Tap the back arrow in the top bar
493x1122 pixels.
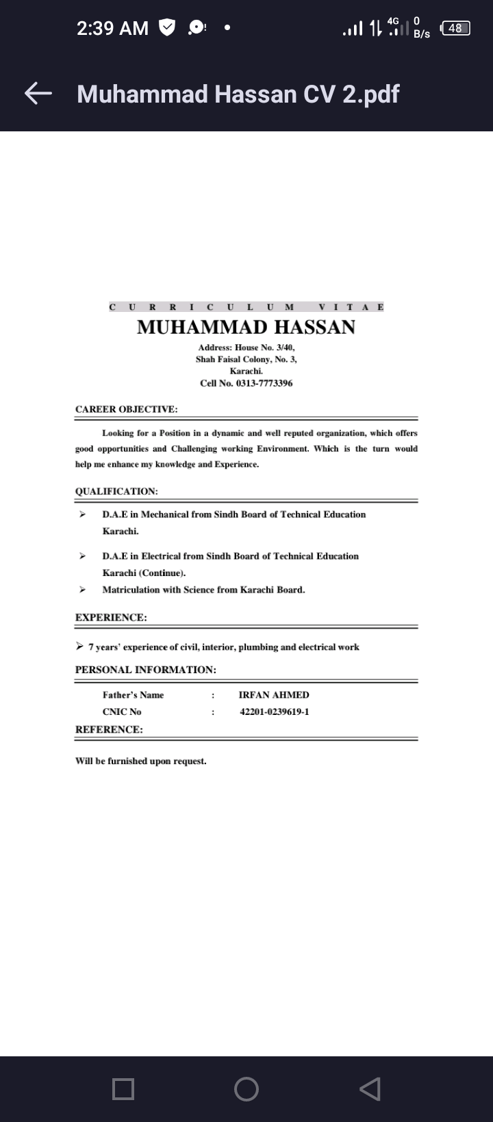(38, 94)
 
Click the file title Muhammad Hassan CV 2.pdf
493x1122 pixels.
(238, 94)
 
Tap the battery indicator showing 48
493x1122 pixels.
(455, 28)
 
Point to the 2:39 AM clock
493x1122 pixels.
(112, 28)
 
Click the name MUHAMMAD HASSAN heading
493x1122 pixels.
(246, 327)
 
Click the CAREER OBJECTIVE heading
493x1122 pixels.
(126, 409)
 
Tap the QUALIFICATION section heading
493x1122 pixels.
(116, 491)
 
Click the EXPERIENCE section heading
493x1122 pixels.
(111, 617)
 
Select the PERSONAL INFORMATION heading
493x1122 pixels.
(145, 669)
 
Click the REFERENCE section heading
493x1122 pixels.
(109, 729)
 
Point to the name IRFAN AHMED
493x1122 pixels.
(274, 695)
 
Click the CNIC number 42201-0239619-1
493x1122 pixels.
(274, 712)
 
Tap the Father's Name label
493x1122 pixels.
(133, 695)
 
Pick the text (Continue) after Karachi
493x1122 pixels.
(162, 573)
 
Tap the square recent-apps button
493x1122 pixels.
(123, 1088)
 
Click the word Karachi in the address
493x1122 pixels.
(246, 370)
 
